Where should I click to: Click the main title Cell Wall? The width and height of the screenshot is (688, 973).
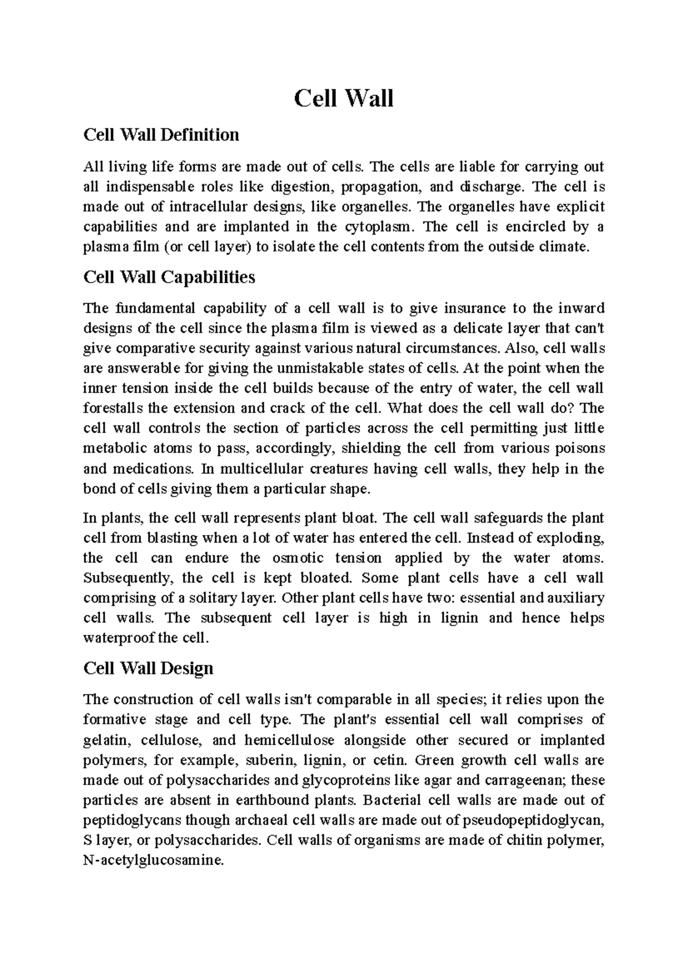coord(343,99)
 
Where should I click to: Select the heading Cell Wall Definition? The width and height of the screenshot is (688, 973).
coord(161,135)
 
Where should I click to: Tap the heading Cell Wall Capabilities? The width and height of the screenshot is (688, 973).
coord(169,277)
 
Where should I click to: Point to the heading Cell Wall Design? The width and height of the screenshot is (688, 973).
coord(148,668)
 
